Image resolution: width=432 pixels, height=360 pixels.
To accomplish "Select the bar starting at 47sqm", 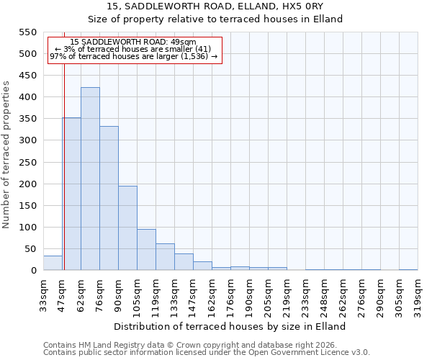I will click(71, 194).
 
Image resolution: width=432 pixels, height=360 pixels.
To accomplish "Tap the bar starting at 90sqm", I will click(127, 228).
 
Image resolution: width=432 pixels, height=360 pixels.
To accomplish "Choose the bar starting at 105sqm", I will click(146, 249).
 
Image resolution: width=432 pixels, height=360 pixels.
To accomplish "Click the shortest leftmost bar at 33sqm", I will click(53, 263).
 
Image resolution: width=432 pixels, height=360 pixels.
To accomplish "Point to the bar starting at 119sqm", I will click(165, 257).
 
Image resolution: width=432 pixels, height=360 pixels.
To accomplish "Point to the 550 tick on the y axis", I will click(27, 32).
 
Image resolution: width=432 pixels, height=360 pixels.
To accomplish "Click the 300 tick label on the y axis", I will click(27, 140).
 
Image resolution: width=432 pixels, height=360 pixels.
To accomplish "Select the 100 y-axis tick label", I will click(27, 228).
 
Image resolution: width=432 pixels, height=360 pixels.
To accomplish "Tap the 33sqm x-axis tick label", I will click(43, 292).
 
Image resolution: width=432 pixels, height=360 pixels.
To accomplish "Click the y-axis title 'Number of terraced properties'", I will click(6, 154).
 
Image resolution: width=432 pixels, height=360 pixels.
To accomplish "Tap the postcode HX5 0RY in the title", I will click(302, 6).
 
